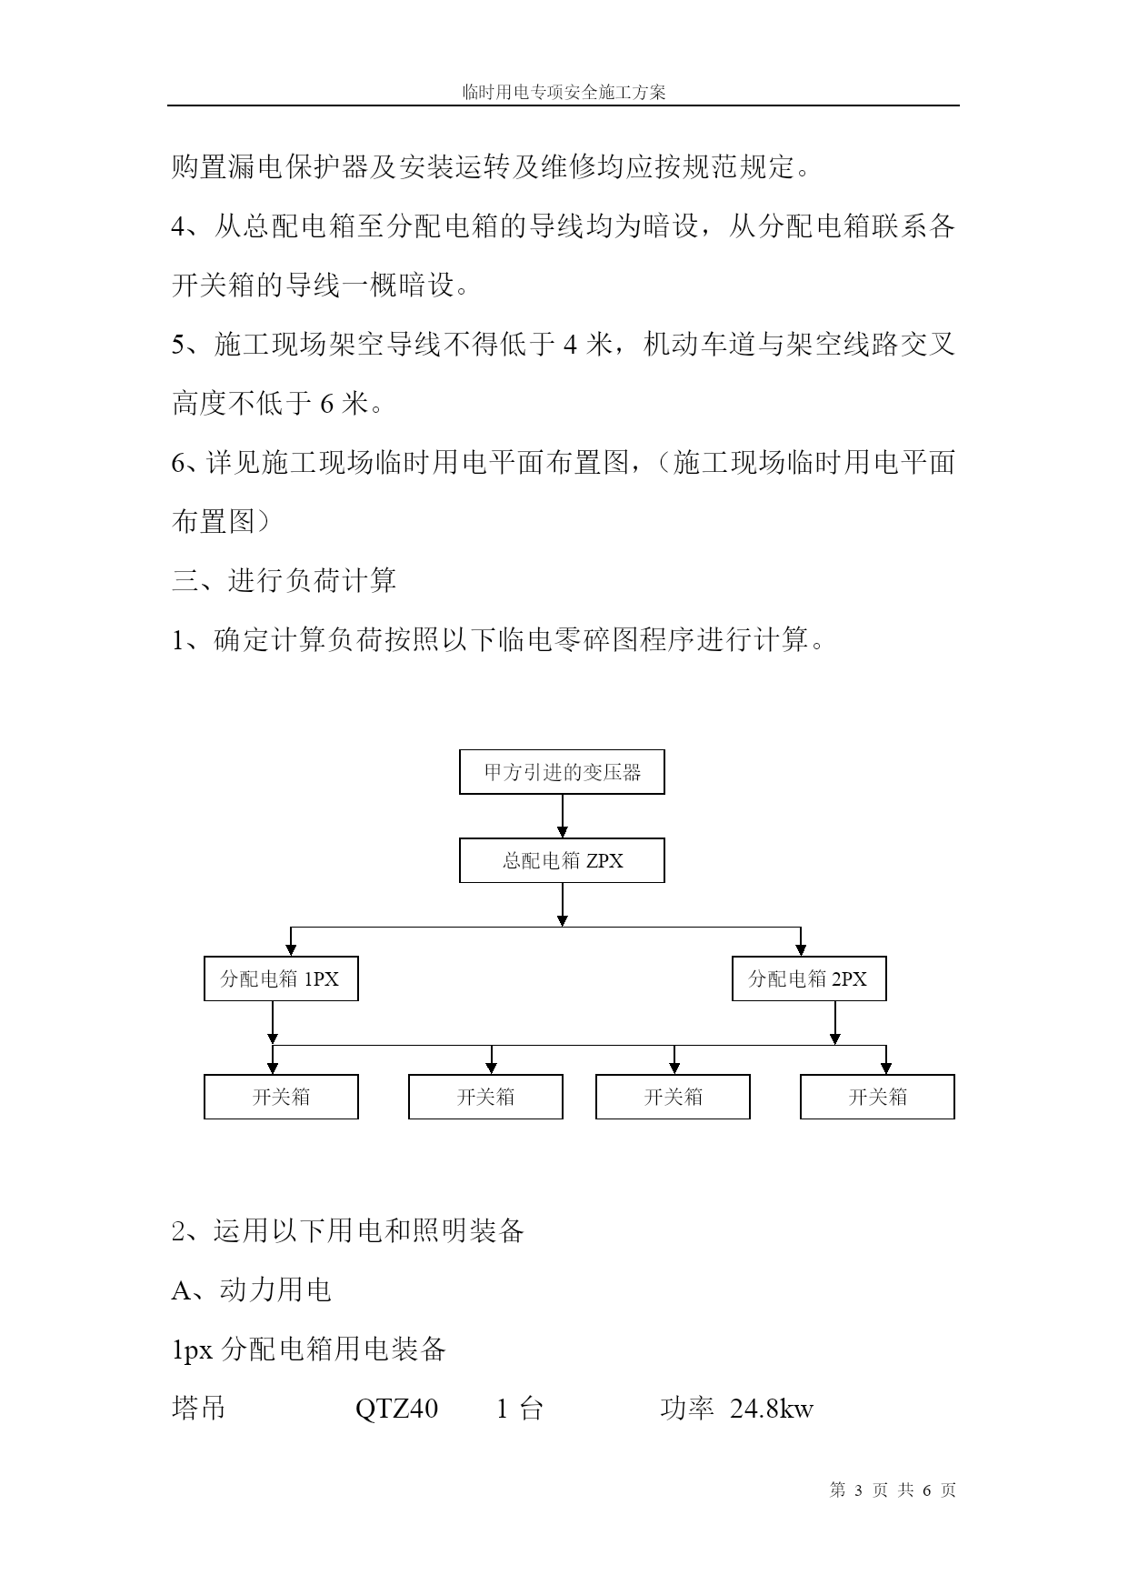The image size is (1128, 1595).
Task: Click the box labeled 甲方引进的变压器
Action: coord(562,772)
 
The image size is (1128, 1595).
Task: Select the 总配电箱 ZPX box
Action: coord(562,860)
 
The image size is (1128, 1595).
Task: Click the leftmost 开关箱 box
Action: coord(281,1097)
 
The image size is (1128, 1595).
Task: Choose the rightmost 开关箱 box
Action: coord(877,1097)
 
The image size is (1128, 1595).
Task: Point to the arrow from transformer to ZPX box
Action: coord(563,817)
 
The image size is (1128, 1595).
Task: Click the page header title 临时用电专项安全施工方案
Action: coord(564,92)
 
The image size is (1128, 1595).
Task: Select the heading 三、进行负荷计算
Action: coord(284,580)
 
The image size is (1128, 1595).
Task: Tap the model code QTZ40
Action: coord(396,1409)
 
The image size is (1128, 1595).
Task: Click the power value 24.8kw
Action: coord(772,1409)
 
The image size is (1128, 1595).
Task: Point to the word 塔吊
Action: coord(198,1409)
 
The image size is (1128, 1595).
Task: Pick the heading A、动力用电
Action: coord(251,1289)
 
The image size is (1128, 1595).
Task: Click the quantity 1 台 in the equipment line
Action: coord(519,1409)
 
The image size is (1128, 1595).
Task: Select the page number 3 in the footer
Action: coord(858,1490)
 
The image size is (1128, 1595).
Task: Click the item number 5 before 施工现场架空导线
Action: coord(178,345)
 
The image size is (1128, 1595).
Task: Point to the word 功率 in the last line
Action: coord(687,1409)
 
